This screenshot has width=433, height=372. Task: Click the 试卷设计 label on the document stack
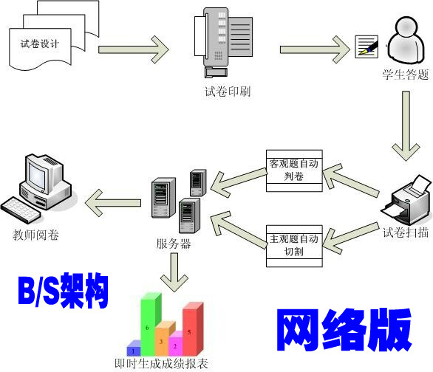click(40, 44)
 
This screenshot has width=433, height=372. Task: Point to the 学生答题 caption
click(405, 75)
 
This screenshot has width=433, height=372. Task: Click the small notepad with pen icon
click(366, 46)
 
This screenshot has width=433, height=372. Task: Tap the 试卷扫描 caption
click(405, 232)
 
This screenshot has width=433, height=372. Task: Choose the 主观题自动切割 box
click(293, 244)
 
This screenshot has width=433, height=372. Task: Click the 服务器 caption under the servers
click(174, 244)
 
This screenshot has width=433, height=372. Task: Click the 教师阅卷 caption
click(36, 235)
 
